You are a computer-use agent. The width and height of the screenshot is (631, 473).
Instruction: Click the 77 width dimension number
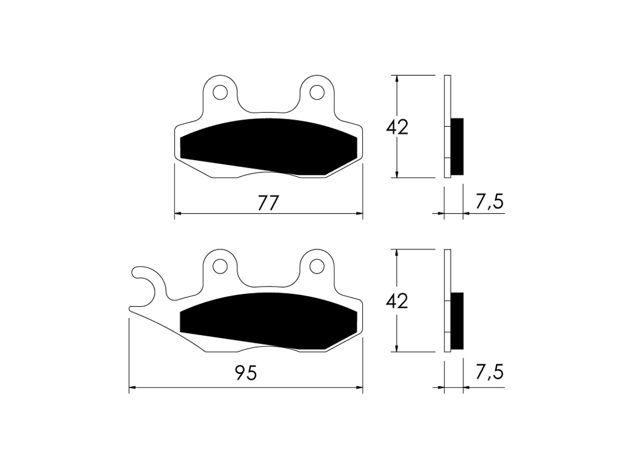coord(268,203)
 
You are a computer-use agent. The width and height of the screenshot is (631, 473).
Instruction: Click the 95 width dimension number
coord(246,374)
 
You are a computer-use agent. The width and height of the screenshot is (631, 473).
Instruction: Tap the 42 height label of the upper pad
coord(397,127)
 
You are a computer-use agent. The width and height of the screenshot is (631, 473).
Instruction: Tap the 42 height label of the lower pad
coord(397,301)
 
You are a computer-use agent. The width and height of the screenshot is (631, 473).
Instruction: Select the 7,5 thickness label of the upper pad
coord(489,201)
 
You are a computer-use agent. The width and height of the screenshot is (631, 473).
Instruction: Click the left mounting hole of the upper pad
coord(220,92)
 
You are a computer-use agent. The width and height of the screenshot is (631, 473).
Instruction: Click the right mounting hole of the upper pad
coord(317,92)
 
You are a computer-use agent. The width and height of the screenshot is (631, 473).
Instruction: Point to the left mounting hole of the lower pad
coord(220,266)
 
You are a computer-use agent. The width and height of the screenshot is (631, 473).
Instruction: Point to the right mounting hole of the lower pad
coord(317,266)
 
